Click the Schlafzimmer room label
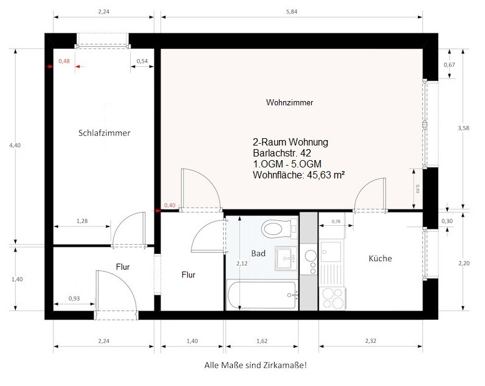(x=105, y=133)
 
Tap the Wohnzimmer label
(x=289, y=102)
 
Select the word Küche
(x=380, y=258)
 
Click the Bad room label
(x=258, y=253)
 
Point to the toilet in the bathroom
(x=280, y=228)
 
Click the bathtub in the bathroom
(x=263, y=295)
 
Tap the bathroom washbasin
(x=286, y=258)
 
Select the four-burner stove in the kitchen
(x=334, y=298)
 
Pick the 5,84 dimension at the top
(x=292, y=12)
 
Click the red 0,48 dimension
(x=64, y=61)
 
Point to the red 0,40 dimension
(x=170, y=205)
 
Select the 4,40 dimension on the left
(x=15, y=145)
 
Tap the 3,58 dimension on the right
(x=464, y=128)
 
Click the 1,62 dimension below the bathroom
(x=262, y=341)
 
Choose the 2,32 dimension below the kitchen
(x=371, y=341)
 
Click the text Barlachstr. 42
(x=282, y=153)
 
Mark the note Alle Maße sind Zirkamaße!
(x=255, y=365)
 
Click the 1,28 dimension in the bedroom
(x=82, y=221)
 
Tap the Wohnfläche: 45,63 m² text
(x=299, y=175)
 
